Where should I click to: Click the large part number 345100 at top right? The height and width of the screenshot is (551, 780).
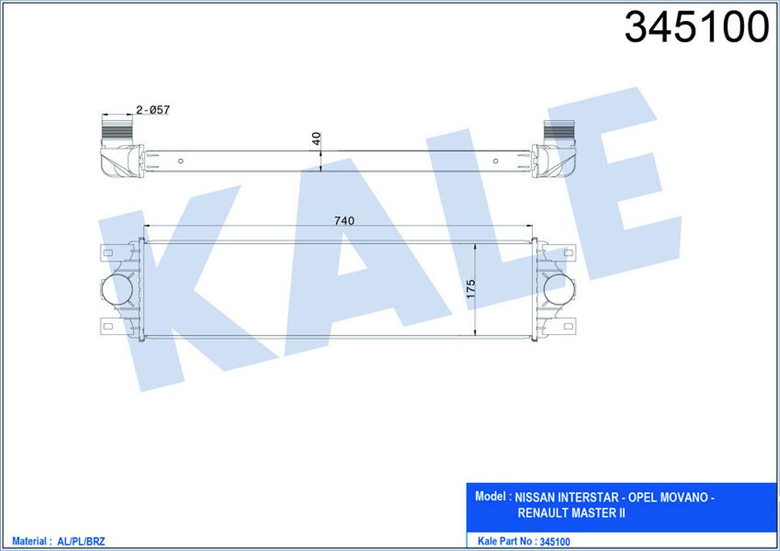pos(697,27)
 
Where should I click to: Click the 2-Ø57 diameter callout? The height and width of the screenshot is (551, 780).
pos(153,110)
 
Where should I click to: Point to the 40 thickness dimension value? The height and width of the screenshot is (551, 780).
pos(316,138)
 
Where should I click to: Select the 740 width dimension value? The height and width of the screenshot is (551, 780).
pos(344,221)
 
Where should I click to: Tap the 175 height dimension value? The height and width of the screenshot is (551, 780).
pos(471,289)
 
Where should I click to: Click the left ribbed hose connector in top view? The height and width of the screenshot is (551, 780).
pos(117,130)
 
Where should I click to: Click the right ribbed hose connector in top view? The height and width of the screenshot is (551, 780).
pos(559,130)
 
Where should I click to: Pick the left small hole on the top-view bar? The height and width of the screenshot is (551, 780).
pos(181,161)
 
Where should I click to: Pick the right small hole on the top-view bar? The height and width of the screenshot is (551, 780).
pos(495,161)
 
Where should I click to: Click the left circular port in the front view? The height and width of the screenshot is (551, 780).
pos(117,289)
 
